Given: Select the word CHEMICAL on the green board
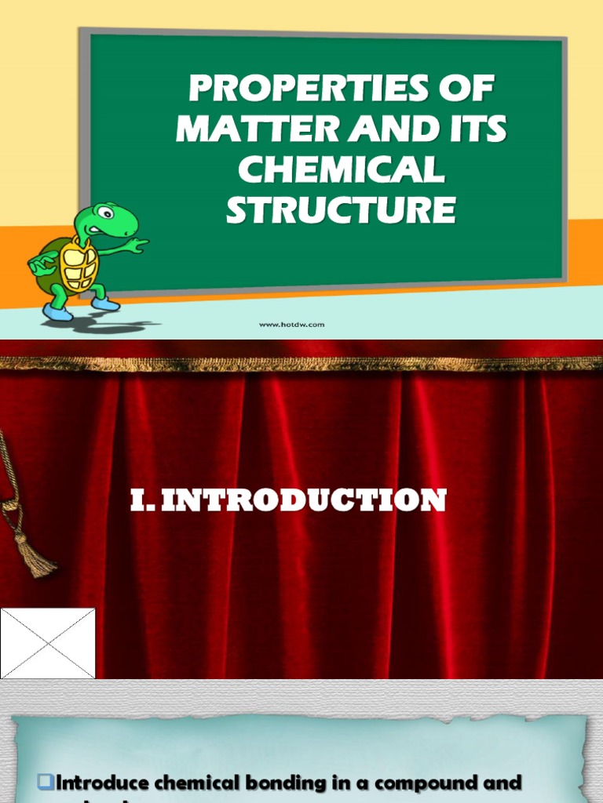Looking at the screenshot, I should pyautogui.click(x=341, y=170).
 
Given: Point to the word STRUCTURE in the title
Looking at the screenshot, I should pyautogui.click(x=341, y=210).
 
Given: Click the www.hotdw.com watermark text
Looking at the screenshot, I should pyautogui.click(x=292, y=325).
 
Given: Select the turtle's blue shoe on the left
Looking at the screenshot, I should pyautogui.click(x=57, y=312).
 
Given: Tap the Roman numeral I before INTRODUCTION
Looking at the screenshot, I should pyautogui.click(x=138, y=500).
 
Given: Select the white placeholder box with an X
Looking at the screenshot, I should pyautogui.click(x=47, y=643).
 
